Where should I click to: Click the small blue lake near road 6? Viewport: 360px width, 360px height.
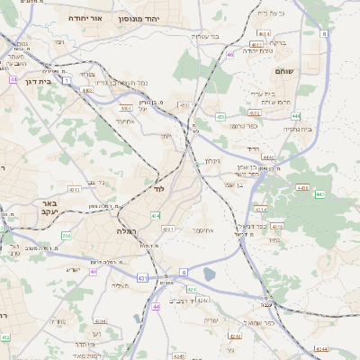pos(210,274)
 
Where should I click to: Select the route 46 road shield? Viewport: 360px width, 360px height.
pos(230,55)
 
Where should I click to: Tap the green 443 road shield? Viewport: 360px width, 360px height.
pos(319,193)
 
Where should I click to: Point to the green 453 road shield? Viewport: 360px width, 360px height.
pos(220,116)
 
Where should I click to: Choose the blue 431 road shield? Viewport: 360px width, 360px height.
pos(143,278)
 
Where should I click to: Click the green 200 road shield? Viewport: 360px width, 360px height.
pos(67,236)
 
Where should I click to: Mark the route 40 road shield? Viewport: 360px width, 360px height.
pos(94,271)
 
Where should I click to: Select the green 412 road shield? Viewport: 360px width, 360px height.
pos(5,337)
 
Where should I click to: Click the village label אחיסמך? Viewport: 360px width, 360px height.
pos(202,230)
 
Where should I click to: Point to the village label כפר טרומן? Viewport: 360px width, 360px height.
pos(245,126)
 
